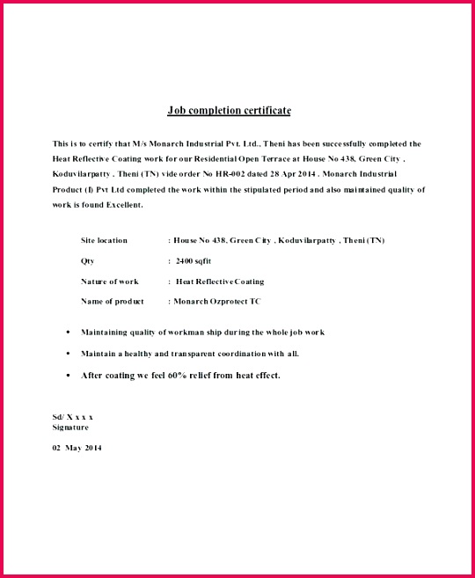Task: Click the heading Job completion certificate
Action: tap(229, 111)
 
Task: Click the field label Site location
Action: tap(104, 240)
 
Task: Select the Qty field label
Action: tap(87, 261)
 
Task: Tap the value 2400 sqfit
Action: tap(194, 261)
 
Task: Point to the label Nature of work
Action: tap(110, 282)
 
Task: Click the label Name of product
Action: tap(112, 302)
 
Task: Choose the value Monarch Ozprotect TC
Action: tap(217, 302)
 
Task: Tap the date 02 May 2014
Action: tap(77, 448)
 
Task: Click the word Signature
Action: tap(70, 428)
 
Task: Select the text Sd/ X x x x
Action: tap(73, 416)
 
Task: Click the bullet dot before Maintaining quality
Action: tap(69, 333)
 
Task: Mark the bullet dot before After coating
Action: tap(69, 376)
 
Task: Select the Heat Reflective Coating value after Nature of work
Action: tap(220, 282)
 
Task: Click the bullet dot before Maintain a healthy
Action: tap(69, 354)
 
